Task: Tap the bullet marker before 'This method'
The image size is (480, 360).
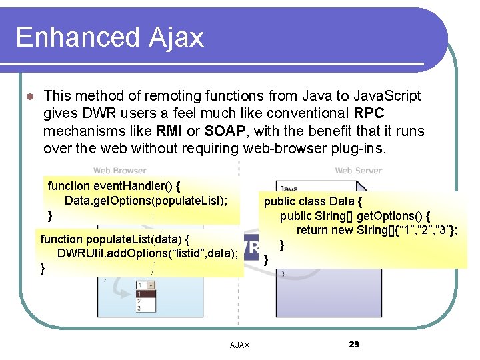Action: pos(29,97)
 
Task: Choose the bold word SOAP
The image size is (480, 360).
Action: pos(223,131)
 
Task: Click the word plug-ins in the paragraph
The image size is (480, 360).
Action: pos(358,148)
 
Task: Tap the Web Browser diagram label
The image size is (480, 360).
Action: pos(119,171)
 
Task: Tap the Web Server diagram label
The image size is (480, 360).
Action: pos(358,171)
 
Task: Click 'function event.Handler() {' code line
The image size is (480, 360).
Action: pos(115,186)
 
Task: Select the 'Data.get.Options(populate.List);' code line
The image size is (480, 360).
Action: pos(146,201)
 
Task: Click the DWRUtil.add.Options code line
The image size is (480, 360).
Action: pos(147,253)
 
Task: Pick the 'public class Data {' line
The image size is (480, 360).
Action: pos(313,201)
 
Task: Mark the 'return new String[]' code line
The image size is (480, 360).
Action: pos(377,231)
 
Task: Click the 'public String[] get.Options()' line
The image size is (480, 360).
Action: pos(355,216)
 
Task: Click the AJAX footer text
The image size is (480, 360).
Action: pos(239,345)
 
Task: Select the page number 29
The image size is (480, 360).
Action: pos(354,344)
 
